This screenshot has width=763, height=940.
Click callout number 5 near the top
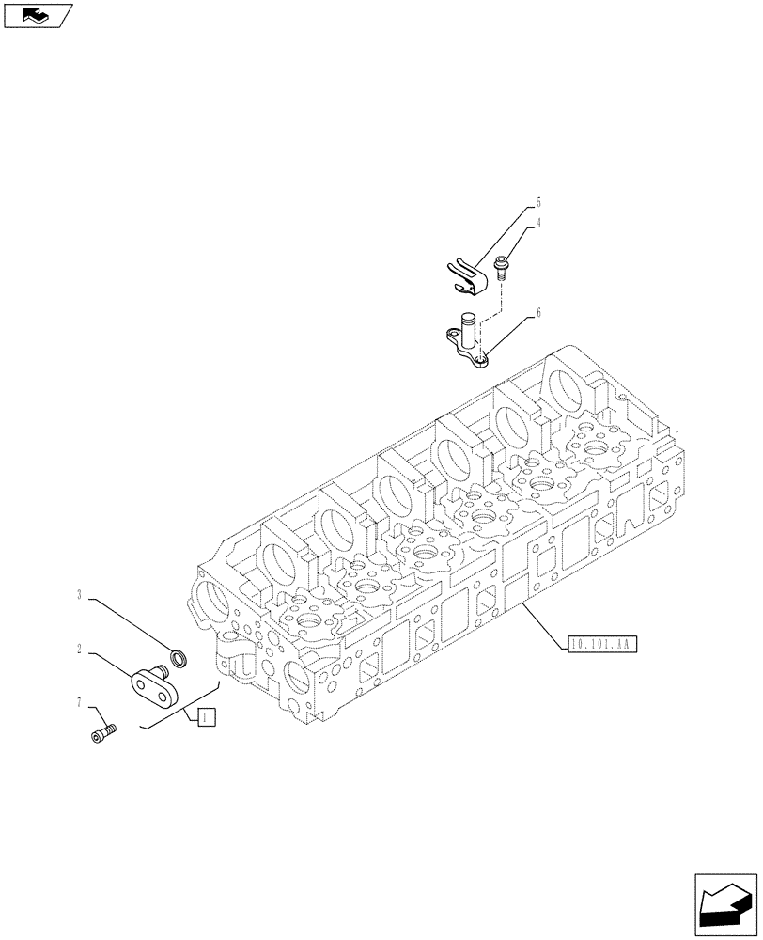click(539, 202)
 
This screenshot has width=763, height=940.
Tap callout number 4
click(539, 224)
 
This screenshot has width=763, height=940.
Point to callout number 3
click(81, 595)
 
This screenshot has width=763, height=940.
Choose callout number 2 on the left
click(81, 649)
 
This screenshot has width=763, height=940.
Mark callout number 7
click(81, 702)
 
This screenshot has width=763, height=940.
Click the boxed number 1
click(207, 716)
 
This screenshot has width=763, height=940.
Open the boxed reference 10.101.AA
click(602, 645)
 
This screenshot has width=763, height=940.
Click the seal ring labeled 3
click(177, 655)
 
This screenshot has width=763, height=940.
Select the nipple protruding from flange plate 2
click(163, 670)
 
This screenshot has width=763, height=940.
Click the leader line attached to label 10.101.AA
click(545, 624)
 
